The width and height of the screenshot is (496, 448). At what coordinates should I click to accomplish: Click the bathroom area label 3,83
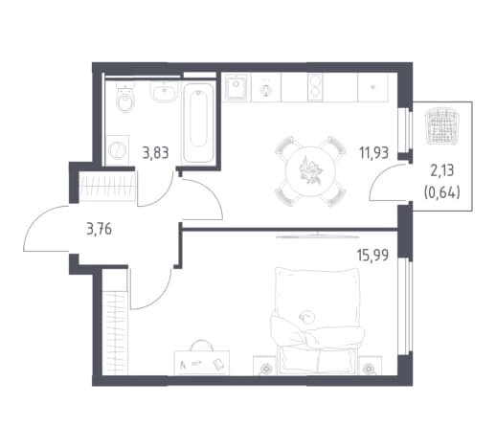[x=155, y=153]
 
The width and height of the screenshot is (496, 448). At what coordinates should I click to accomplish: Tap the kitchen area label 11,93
[x=373, y=152]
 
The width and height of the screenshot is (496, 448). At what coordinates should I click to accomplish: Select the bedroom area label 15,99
[x=372, y=256]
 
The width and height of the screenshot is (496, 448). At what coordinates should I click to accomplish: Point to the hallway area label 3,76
[x=99, y=229]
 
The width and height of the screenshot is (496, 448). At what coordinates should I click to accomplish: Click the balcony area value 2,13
[x=442, y=171]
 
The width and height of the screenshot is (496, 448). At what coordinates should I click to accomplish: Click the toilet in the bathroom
[x=125, y=98]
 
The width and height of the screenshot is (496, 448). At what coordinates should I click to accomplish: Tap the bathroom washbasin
[x=163, y=92]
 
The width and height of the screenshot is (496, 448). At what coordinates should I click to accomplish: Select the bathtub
[x=198, y=123]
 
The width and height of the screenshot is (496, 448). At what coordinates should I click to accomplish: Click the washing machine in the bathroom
[x=117, y=150]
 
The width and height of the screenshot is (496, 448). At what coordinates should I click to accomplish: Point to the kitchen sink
[x=237, y=87]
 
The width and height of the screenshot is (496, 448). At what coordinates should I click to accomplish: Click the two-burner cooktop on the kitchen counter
[x=315, y=87]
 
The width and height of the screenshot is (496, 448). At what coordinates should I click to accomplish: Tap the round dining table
[x=310, y=171]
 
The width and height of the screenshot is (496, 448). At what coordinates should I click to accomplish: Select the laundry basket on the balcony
[x=442, y=125]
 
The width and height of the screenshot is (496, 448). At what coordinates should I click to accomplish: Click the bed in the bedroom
[x=317, y=321]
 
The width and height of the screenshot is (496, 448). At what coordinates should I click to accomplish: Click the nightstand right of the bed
[x=370, y=366]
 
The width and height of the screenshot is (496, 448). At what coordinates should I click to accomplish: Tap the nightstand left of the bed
[x=264, y=366]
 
